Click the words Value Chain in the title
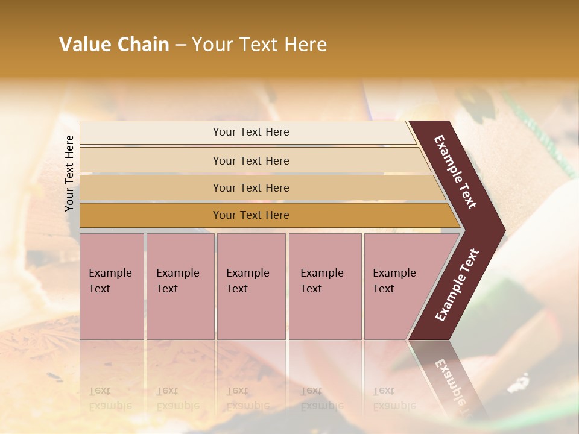point(114,45)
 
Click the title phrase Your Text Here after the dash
point(259,45)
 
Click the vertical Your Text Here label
point(69,173)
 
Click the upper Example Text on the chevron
point(455,172)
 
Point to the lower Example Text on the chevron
point(457,285)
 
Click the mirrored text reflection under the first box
point(110,398)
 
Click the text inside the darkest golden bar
point(251,215)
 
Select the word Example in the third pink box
point(247,273)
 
